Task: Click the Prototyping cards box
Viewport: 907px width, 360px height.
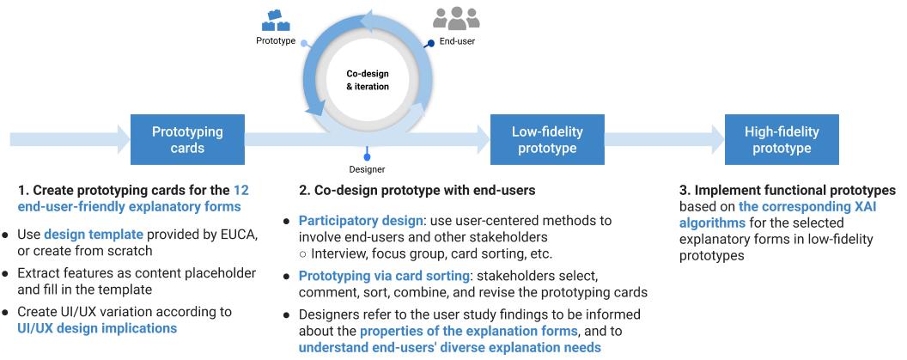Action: click(x=187, y=139)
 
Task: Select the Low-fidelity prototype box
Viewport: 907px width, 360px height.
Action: click(x=547, y=139)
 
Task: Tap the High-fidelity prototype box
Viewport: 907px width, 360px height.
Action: click(x=782, y=139)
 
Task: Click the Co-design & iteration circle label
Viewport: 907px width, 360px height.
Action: click(x=367, y=80)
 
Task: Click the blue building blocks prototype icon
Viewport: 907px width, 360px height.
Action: click(x=277, y=19)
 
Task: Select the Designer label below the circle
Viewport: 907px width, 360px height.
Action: click(x=367, y=169)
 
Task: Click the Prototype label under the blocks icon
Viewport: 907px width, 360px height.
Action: click(x=276, y=40)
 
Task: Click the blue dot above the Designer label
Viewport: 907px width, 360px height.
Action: click(x=367, y=156)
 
